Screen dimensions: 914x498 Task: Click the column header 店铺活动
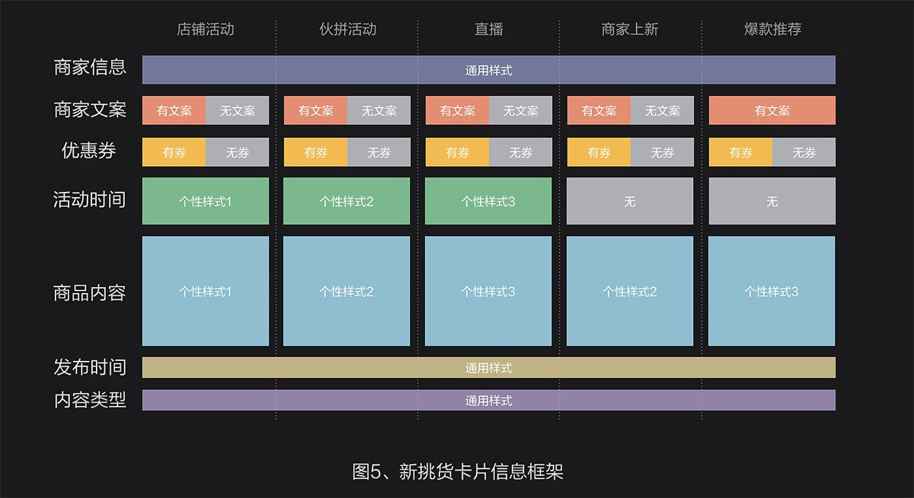click(x=205, y=30)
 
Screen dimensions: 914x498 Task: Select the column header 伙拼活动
click(x=347, y=30)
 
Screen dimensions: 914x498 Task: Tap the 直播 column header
click(x=489, y=30)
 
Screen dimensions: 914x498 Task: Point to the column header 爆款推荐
click(x=772, y=30)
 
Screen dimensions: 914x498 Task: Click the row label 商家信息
click(x=90, y=67)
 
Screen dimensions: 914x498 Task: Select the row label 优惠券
click(x=89, y=151)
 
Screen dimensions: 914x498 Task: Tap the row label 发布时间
click(x=90, y=367)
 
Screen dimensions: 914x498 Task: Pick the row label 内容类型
click(x=90, y=400)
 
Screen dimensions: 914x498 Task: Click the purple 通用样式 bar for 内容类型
click(x=489, y=400)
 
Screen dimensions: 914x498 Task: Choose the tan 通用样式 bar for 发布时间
click(x=489, y=368)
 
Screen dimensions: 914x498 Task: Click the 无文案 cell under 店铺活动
click(x=238, y=110)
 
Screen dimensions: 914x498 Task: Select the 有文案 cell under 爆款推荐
click(x=772, y=110)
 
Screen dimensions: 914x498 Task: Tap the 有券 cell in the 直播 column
click(x=457, y=152)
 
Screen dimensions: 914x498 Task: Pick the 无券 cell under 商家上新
click(x=662, y=152)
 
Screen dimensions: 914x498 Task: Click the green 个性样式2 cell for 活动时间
click(x=347, y=201)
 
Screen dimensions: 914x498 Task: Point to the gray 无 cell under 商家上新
click(x=630, y=201)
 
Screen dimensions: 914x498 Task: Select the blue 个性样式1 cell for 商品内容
click(x=206, y=291)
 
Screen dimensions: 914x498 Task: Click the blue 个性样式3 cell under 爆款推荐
click(x=772, y=291)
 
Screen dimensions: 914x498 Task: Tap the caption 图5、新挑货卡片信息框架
click(x=458, y=472)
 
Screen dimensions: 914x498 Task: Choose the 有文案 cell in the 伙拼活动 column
click(x=315, y=110)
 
